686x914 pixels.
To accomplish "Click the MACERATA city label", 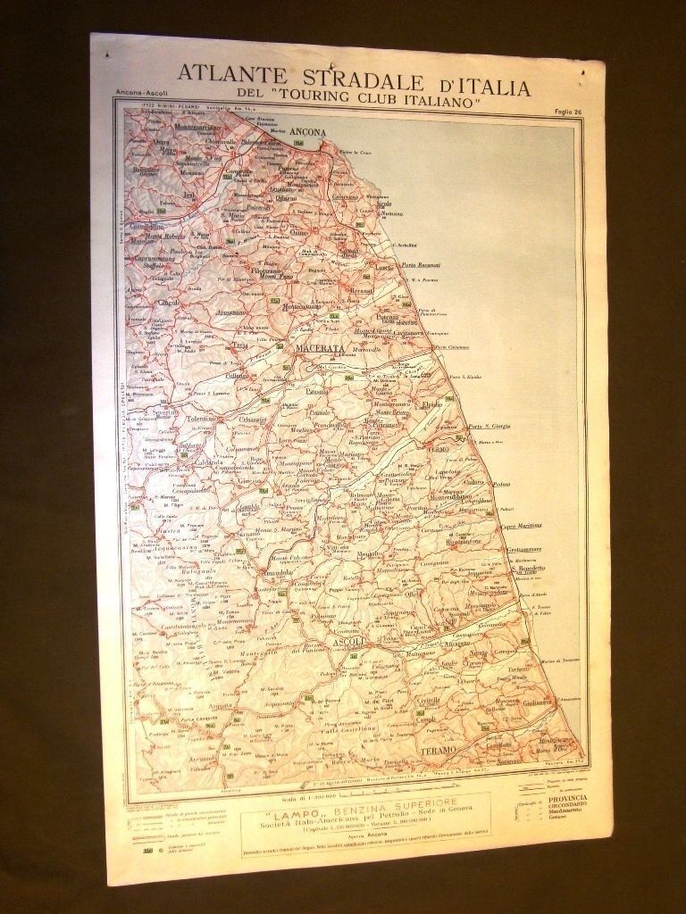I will (319, 348).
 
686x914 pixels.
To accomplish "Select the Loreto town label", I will (386, 267).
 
